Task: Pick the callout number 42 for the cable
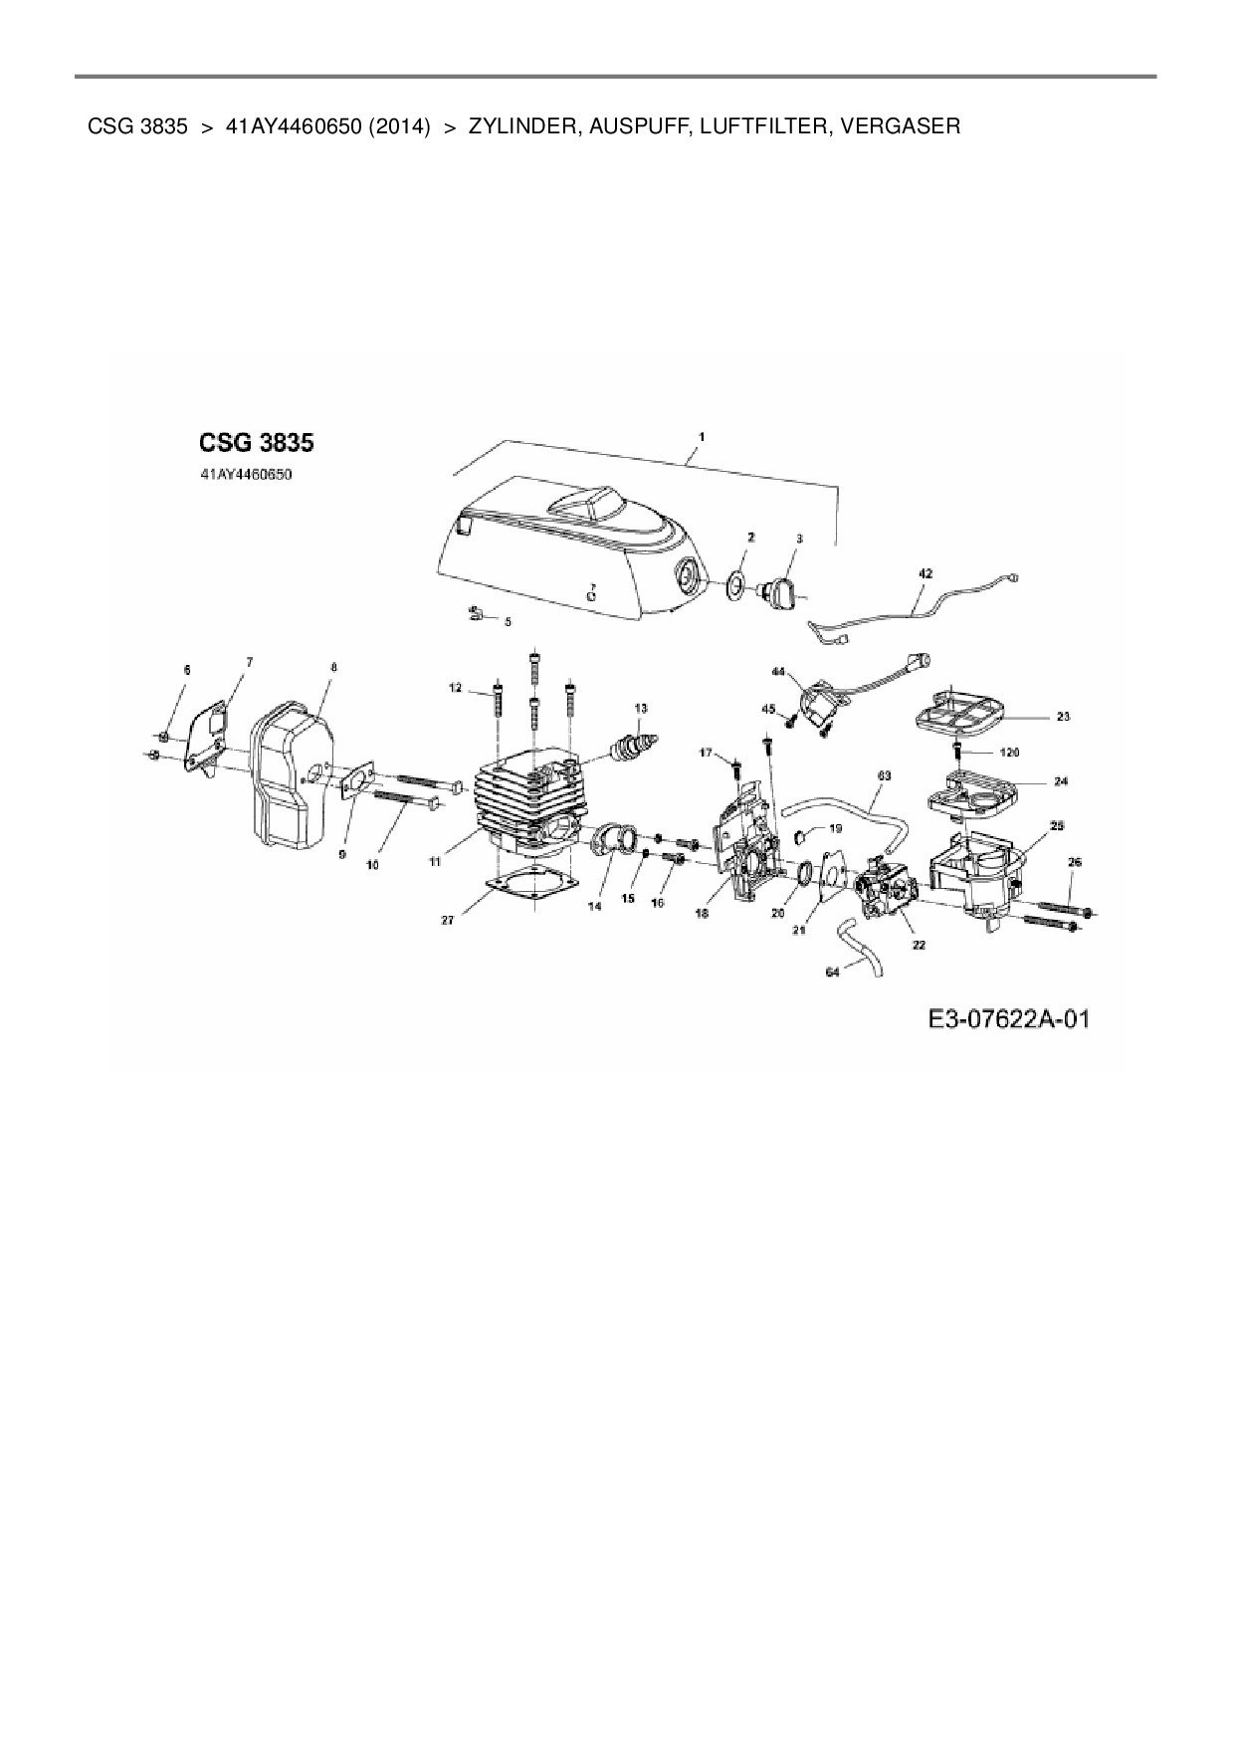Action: click(925, 574)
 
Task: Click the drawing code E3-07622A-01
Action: click(1008, 1019)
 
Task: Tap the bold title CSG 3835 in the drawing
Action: click(257, 441)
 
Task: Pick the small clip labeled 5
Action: click(476, 613)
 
